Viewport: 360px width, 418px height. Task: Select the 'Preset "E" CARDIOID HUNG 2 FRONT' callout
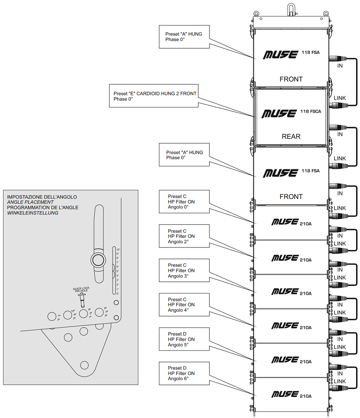154,96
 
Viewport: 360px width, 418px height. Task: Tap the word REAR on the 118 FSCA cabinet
291,136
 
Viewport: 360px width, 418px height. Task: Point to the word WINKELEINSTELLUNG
33,213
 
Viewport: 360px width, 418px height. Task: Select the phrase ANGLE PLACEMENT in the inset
31,202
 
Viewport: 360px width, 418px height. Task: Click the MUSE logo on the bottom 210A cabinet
284,394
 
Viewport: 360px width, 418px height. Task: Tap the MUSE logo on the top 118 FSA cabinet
280,54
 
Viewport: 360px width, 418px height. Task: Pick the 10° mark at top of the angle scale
118,250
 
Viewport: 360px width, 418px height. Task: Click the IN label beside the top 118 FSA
340,66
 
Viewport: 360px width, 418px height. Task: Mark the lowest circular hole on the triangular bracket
84,365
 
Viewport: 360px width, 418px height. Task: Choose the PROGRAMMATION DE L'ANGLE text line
43,207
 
